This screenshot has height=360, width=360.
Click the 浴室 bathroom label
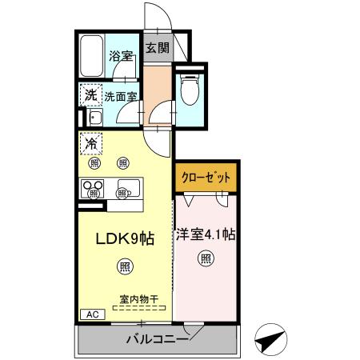pyautogui.click(x=122, y=57)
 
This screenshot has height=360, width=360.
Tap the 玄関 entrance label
pyautogui.click(x=157, y=47)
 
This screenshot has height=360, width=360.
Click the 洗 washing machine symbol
pyautogui.click(x=90, y=95)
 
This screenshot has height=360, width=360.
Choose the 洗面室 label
pyautogui.click(x=121, y=96)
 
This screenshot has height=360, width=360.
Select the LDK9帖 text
pyautogui.click(x=125, y=238)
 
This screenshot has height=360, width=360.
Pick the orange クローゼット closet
pyautogui.click(x=206, y=178)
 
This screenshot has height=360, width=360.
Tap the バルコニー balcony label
pyautogui.click(x=157, y=339)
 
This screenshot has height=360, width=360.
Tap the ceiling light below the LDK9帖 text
pyautogui.click(x=125, y=266)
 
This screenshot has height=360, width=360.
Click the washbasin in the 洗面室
pyautogui.click(x=94, y=119)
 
